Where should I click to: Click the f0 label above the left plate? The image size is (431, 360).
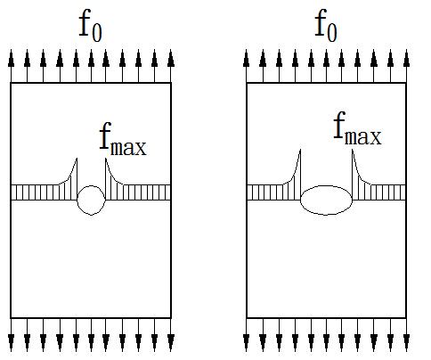click(x=90, y=26)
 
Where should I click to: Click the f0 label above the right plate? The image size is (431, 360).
click(x=326, y=26)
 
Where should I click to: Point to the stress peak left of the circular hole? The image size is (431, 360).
click(x=77, y=159)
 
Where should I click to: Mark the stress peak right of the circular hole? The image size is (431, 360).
click(x=106, y=159)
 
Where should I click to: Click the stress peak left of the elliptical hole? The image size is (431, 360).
click(x=300, y=150)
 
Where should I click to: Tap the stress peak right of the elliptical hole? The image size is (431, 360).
click(x=353, y=150)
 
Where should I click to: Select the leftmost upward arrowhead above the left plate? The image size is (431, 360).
click(x=11, y=58)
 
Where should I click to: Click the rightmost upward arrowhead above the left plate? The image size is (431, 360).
click(x=171, y=58)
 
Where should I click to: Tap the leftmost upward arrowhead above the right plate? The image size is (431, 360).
click(x=246, y=58)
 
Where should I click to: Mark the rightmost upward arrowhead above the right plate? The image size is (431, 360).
click(x=406, y=58)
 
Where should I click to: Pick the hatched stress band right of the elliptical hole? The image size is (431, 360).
click(x=379, y=192)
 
